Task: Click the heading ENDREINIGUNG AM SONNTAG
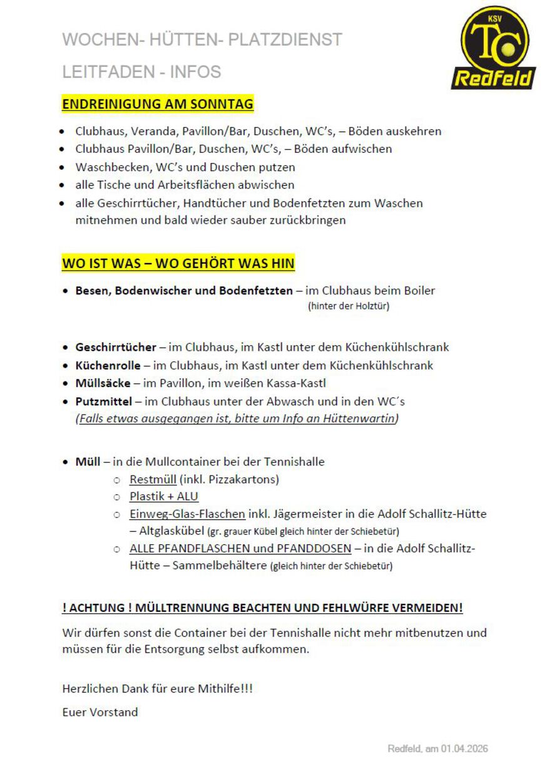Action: [158, 104]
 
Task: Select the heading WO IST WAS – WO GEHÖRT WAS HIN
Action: [178, 263]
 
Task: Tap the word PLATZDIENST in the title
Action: [285, 39]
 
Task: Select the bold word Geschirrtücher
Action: [116, 347]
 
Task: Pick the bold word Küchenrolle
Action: [108, 365]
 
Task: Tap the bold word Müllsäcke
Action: [103, 383]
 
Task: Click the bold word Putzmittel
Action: [104, 401]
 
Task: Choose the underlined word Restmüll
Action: [153, 480]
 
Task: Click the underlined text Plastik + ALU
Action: [164, 497]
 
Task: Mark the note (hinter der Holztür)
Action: [349, 306]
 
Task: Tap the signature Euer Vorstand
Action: [100, 712]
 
